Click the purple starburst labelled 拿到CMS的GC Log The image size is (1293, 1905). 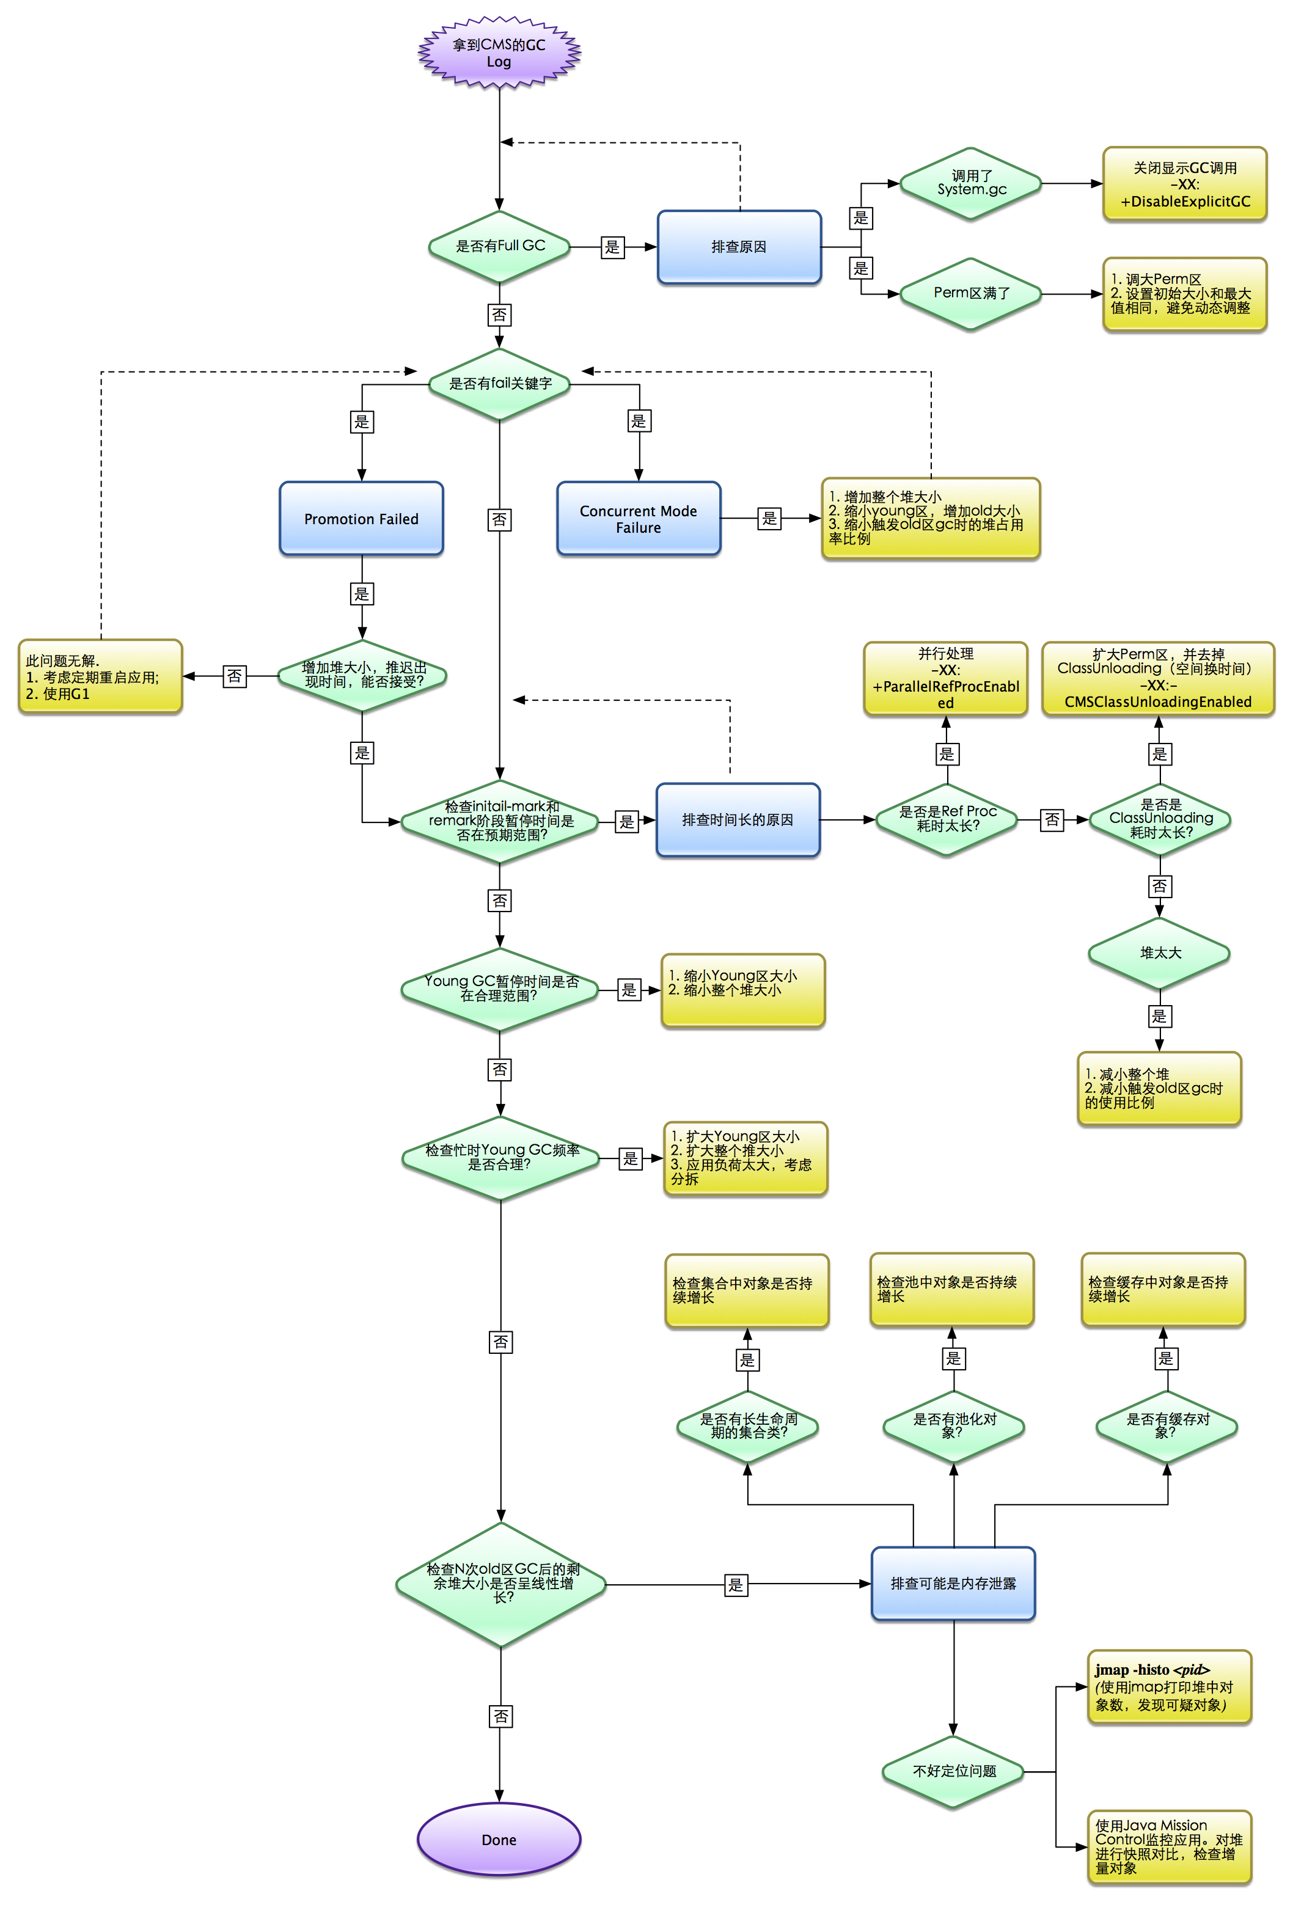click(x=499, y=53)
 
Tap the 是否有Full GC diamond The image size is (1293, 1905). click(x=499, y=246)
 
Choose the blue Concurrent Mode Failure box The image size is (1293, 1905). click(x=638, y=519)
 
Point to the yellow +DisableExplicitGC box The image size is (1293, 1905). click(x=1184, y=185)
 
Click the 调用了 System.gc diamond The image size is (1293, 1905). click(x=971, y=184)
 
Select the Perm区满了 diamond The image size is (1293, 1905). click(x=971, y=293)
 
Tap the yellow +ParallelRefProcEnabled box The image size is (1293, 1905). click(x=945, y=679)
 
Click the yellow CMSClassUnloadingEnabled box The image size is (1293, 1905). click(x=1158, y=679)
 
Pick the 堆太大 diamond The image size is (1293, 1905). click(x=1159, y=953)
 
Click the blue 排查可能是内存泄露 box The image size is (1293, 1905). click(x=953, y=1584)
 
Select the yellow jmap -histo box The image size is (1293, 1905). click(x=1168, y=1687)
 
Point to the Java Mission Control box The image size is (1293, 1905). click(x=1168, y=1846)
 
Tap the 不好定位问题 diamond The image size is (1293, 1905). click(x=953, y=1771)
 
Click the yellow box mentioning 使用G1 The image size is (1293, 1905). click(x=100, y=677)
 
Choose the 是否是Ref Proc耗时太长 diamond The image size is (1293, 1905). click(x=947, y=819)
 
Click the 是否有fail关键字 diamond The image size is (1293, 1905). click(x=499, y=384)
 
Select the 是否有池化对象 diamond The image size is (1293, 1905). click(x=953, y=1426)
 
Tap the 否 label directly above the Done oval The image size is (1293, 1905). click(x=500, y=1716)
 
